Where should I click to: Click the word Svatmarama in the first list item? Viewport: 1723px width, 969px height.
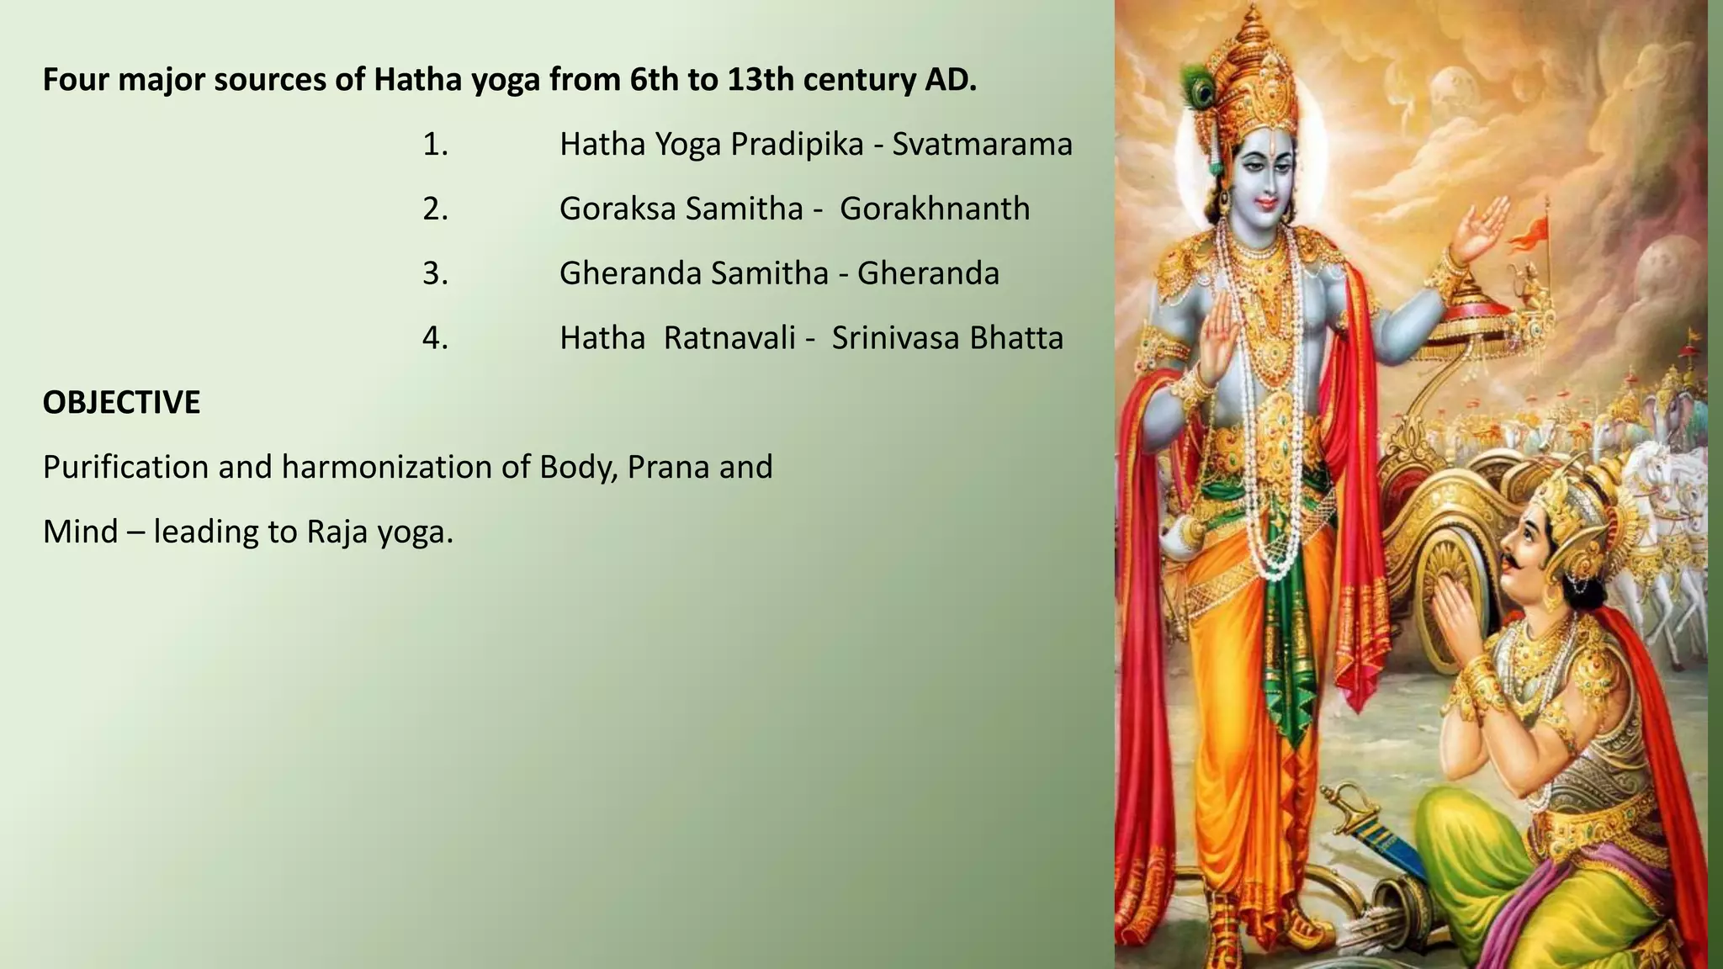pos(982,145)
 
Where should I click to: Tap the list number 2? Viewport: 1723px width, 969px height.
pos(435,209)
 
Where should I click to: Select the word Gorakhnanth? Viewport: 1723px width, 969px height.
pos(934,209)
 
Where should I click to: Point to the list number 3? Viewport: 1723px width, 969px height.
pos(435,273)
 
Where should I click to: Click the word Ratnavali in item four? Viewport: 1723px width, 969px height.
pos(729,338)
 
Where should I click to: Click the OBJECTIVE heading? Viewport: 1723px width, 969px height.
pos(121,403)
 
